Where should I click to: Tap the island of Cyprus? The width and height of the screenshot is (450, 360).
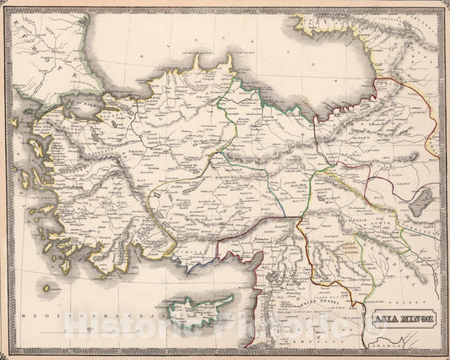(x=196, y=314)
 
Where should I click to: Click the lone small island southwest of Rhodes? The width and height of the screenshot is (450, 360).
(x=47, y=287)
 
